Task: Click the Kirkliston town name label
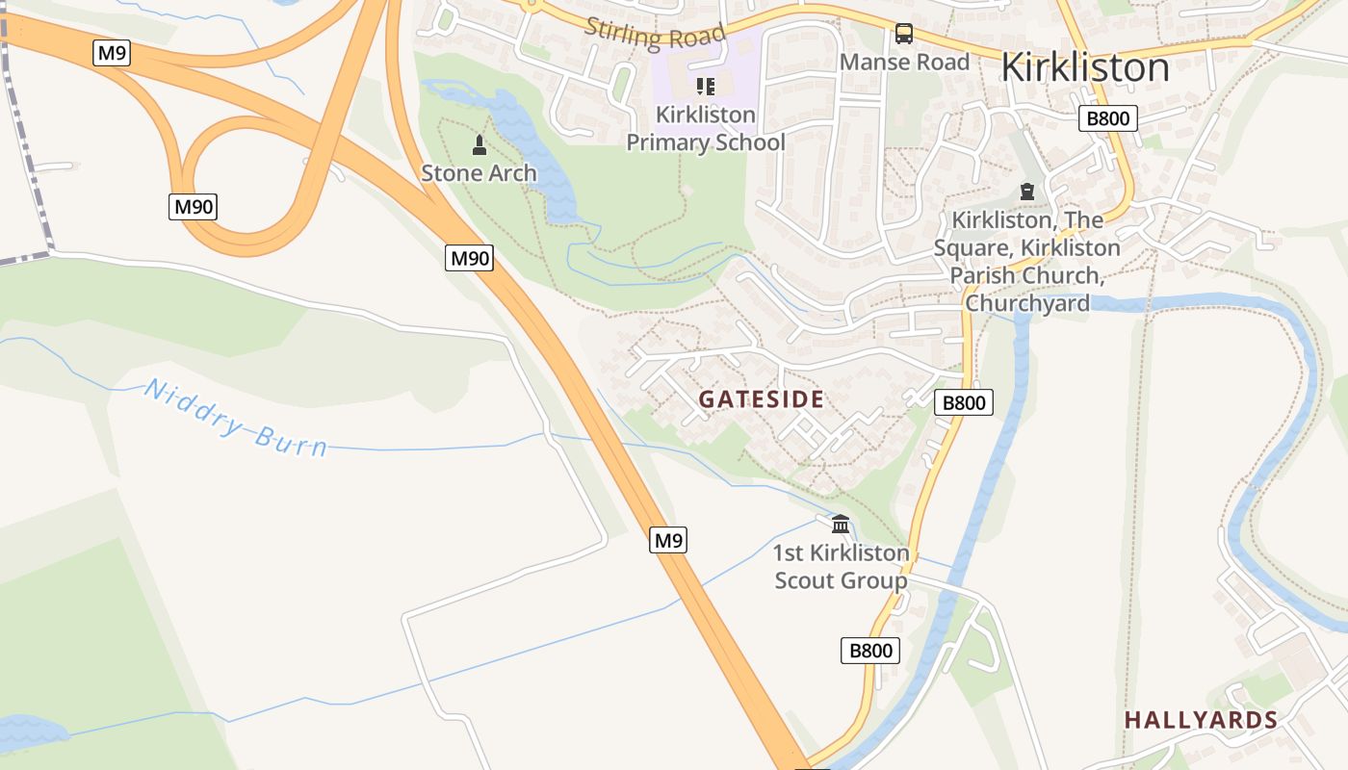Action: click(x=1085, y=67)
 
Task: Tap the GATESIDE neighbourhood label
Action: click(x=761, y=399)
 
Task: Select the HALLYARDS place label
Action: click(x=1201, y=720)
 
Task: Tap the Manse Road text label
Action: click(x=904, y=63)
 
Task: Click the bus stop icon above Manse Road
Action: click(x=903, y=34)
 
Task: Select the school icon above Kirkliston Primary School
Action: click(x=705, y=87)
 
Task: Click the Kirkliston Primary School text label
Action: click(x=706, y=129)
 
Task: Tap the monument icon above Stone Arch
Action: click(x=479, y=146)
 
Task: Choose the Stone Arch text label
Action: click(x=479, y=174)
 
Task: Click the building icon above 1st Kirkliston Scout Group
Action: click(x=841, y=525)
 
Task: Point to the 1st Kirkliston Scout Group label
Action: click(x=842, y=567)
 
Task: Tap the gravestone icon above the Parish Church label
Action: click(x=1027, y=192)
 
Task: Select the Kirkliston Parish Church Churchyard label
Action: click(x=1027, y=262)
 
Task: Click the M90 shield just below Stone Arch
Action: click(x=469, y=258)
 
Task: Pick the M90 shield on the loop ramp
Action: click(x=193, y=206)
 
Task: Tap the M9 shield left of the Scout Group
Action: click(x=668, y=540)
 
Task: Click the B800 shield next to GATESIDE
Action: click(x=963, y=402)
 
